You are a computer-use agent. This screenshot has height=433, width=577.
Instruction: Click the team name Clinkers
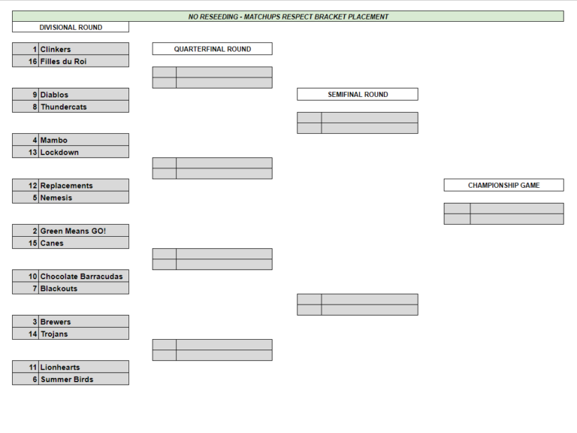pos(55,50)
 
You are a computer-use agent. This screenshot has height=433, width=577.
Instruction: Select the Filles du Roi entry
pos(63,62)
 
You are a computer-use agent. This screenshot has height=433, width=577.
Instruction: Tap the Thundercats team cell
pos(64,107)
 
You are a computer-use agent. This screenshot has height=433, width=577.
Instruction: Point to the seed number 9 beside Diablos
pos(35,95)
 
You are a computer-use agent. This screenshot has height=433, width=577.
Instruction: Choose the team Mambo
pos(54,141)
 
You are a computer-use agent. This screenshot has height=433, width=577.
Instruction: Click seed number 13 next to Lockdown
pos(33,153)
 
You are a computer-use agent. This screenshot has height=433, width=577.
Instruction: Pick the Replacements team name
pos(66,186)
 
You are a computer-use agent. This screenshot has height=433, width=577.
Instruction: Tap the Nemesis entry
pos(56,198)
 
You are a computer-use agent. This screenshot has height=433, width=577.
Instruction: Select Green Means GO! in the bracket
pos(73,232)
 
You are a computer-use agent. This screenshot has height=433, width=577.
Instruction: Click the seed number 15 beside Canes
pos(33,244)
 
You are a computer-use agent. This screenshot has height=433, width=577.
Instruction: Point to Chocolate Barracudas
pos(81,277)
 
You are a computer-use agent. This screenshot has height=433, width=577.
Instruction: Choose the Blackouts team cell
pos(59,289)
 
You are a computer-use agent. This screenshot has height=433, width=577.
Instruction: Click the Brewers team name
pos(55,322)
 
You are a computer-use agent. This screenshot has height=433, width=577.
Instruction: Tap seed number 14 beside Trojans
pos(33,334)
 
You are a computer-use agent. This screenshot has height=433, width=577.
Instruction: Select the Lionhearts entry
pos(60,368)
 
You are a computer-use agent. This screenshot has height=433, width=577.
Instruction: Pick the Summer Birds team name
pos(67,380)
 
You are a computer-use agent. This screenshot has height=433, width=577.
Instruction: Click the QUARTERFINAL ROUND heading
pos(213,50)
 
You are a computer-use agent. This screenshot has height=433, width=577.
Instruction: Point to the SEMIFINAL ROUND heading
pos(358,95)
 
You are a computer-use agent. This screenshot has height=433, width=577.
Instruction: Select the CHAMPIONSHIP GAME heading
pos(504,186)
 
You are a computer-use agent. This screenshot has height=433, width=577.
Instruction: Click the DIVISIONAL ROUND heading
pos(71,28)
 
